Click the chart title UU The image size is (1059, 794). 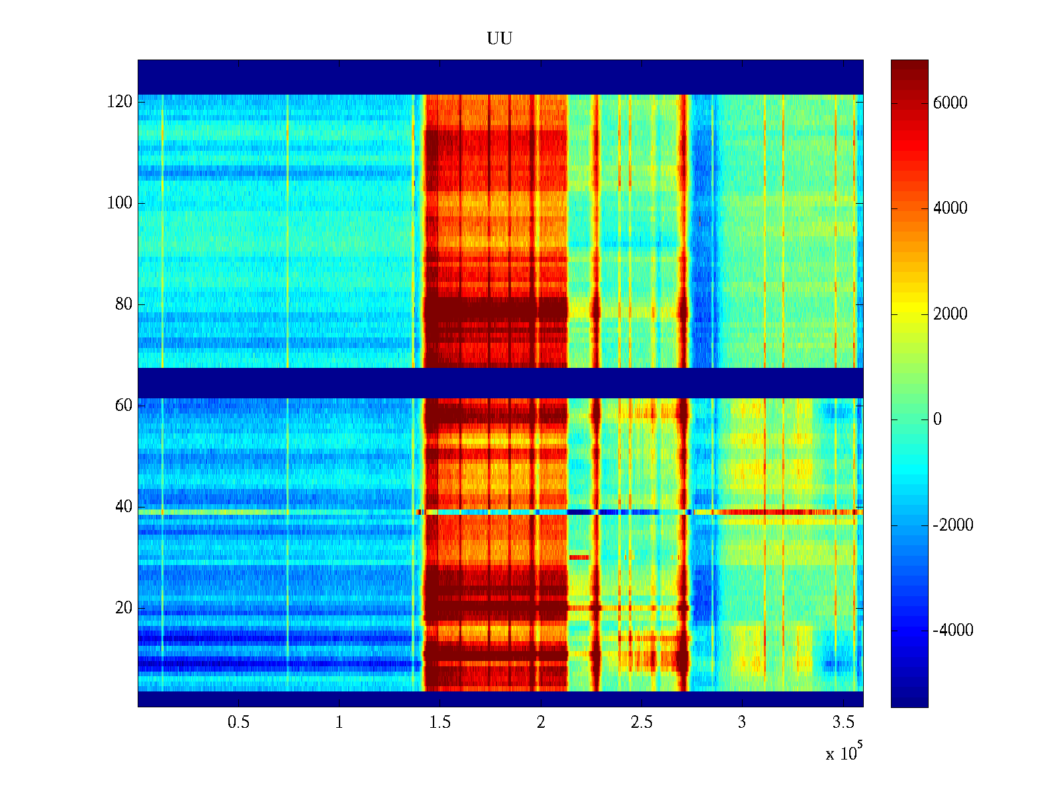pos(500,39)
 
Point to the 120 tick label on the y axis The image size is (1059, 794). pos(120,102)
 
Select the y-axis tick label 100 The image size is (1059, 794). pos(120,203)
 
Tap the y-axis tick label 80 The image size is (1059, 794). pos(124,304)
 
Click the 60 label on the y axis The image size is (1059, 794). pos(124,406)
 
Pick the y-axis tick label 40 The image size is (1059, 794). pos(124,507)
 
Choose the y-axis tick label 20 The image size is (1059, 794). pos(124,608)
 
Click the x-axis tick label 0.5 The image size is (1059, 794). pos(239,723)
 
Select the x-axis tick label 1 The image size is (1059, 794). pos(340,723)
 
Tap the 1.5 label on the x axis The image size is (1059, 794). pos(440,723)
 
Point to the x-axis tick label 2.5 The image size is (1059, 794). pos(641,723)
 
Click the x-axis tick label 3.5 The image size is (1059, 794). pos(843,723)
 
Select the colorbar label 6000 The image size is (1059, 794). pos(950,103)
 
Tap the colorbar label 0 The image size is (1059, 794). pos(937,419)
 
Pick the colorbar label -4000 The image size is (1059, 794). pos(953,631)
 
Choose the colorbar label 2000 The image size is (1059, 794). pos(950,314)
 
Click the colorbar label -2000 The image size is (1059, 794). pos(953,525)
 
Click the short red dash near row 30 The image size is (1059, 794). pos(579,557)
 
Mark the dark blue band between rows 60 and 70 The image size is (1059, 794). pos(500,382)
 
